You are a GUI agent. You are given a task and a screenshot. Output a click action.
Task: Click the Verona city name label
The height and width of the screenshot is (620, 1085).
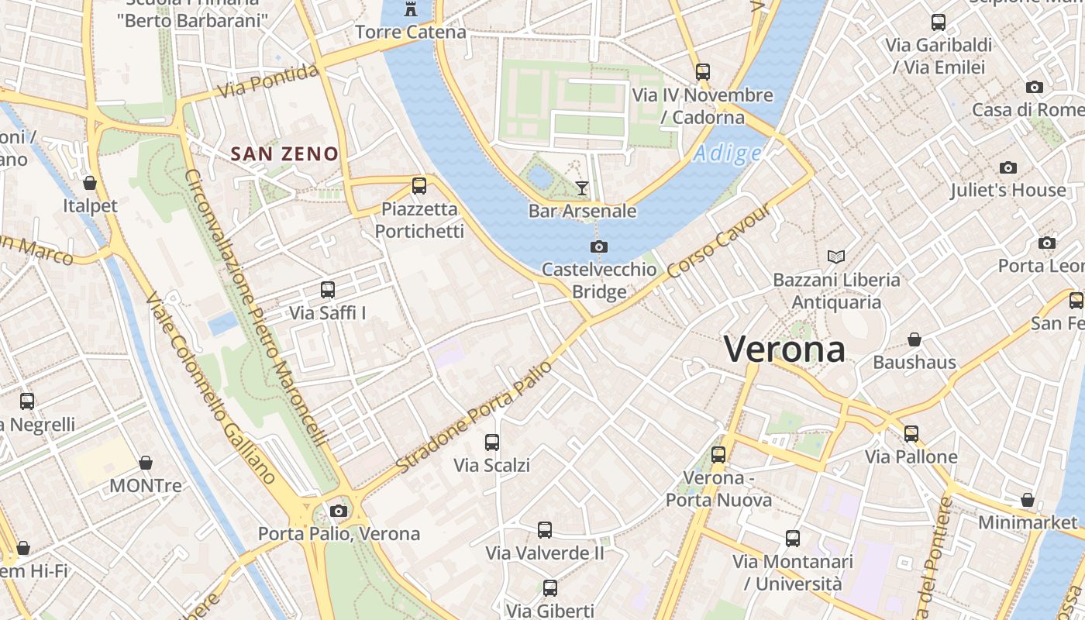[x=784, y=350]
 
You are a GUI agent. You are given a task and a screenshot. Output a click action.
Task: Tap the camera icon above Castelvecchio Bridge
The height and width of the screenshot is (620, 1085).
[x=598, y=246]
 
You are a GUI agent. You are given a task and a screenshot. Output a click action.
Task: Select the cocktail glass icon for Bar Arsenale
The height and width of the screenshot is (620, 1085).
[x=582, y=188]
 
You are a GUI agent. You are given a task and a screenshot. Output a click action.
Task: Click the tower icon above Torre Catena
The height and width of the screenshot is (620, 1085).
[x=410, y=9]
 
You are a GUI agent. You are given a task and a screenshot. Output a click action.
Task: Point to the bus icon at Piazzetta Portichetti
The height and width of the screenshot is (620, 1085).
[x=419, y=185]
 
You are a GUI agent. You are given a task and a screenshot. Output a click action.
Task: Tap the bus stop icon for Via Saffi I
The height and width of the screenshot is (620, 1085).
[x=327, y=290]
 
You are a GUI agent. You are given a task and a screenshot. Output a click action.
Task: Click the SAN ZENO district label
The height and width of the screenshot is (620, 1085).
[x=284, y=154]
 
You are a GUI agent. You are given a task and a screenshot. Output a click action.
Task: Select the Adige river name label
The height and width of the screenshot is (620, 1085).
[x=727, y=153]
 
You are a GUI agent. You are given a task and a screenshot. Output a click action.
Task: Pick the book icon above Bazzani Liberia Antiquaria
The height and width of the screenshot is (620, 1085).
[x=836, y=257]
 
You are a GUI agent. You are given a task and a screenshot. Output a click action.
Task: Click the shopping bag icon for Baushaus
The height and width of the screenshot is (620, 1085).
[x=914, y=339]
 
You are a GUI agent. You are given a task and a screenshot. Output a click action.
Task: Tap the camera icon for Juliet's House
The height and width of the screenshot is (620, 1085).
[x=1007, y=167]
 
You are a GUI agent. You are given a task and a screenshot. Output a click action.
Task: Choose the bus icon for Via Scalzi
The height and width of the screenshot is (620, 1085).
[x=491, y=443]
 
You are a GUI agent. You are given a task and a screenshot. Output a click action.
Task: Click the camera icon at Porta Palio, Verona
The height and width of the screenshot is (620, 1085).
[x=338, y=511]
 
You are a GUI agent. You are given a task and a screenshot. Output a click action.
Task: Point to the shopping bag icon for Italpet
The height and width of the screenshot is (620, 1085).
[x=90, y=183]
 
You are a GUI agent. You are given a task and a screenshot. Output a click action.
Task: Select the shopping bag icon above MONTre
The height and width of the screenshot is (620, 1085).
[x=145, y=463]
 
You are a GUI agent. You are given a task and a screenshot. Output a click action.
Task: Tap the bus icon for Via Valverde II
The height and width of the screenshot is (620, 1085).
[x=545, y=530]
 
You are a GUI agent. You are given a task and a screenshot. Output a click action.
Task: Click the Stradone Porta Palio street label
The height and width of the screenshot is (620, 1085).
[x=474, y=417]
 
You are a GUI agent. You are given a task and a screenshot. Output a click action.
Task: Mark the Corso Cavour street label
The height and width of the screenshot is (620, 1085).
[x=720, y=242]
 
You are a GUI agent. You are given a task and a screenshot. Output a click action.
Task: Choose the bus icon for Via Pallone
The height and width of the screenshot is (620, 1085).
[x=911, y=434]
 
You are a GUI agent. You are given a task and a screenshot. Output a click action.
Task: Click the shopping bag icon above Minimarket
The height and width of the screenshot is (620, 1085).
[x=1027, y=500]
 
